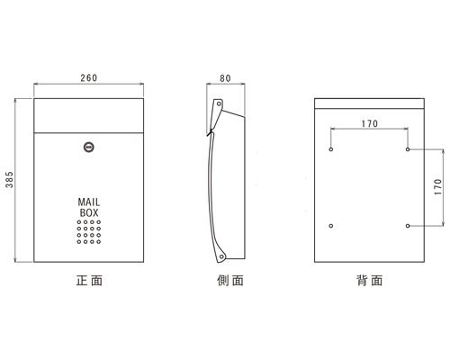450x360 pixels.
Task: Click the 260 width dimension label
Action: (89, 78)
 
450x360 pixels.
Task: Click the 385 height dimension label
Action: (10, 179)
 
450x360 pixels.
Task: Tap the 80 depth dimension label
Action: (225, 78)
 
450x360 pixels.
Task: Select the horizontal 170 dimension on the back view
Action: (370, 123)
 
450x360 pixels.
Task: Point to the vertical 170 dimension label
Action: (438, 187)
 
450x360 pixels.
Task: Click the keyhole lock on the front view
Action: (88, 147)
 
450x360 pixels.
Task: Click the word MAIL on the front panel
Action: (89, 202)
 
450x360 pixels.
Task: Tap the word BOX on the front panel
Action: (89, 212)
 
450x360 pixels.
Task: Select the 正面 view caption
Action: (89, 281)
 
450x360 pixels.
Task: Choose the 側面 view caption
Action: (230, 281)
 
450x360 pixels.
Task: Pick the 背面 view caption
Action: (370, 281)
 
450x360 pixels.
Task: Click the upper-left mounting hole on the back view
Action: (331, 149)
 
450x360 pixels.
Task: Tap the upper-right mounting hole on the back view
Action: (408, 149)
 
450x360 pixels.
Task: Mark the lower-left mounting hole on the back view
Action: (331, 226)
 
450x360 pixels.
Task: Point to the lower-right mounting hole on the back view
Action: (408, 226)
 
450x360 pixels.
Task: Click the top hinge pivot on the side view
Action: (219, 103)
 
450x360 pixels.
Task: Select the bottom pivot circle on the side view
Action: (221, 256)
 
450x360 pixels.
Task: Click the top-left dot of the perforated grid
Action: (79, 222)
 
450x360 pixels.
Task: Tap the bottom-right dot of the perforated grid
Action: (99, 242)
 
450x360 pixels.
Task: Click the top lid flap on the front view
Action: (89, 115)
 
